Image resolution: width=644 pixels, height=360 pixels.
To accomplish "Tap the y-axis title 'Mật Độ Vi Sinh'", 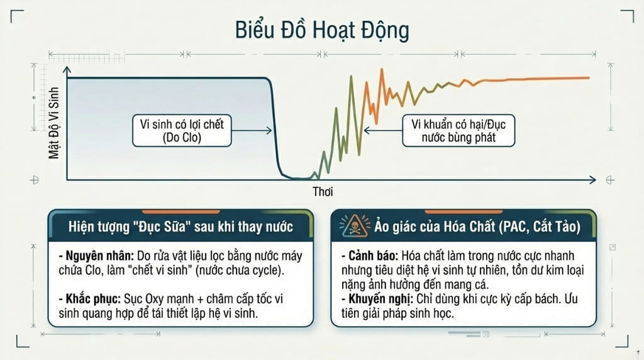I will click(54, 123).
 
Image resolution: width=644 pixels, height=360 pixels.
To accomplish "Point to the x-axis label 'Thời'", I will click(322, 191).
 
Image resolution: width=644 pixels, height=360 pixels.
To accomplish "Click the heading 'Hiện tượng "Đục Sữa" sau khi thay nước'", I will click(180, 226).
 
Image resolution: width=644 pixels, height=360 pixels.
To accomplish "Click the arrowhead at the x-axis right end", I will click(593, 181).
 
